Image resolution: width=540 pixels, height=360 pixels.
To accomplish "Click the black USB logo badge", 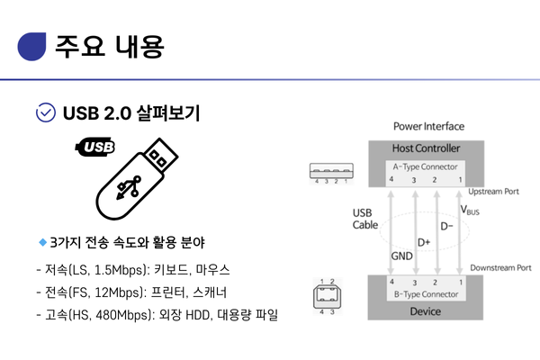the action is (x=95, y=147).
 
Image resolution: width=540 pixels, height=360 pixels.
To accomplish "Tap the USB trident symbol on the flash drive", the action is (x=129, y=188).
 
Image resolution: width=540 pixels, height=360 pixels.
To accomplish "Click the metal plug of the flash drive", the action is (x=161, y=156).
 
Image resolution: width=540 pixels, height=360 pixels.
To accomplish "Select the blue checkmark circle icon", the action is (x=46, y=112).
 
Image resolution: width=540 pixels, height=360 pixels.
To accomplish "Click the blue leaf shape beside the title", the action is (x=31, y=47).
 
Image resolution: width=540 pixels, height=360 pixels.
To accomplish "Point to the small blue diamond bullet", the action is (x=42, y=242).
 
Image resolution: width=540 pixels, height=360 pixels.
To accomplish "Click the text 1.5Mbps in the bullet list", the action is (x=119, y=270).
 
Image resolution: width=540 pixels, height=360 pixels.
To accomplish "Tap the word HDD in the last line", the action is (x=197, y=315).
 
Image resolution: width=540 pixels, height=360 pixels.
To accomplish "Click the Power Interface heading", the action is (x=428, y=126).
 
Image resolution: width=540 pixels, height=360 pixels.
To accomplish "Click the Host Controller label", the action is (x=426, y=148).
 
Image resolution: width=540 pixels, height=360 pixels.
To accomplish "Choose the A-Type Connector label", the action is (x=426, y=166).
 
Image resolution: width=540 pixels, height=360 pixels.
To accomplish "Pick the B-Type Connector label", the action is (x=426, y=294).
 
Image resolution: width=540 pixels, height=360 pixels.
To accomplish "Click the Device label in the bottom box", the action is (x=426, y=311).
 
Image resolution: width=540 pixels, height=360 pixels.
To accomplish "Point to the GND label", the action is (x=401, y=256).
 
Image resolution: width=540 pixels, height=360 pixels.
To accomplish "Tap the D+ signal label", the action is (x=424, y=242).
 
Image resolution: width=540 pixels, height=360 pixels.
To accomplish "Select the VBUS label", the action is (x=470, y=210).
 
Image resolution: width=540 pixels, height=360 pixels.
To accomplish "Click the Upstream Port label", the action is (x=493, y=192).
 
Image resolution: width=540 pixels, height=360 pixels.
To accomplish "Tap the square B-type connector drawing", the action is (x=327, y=296).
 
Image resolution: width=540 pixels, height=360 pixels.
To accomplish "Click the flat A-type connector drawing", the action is (x=331, y=171).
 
